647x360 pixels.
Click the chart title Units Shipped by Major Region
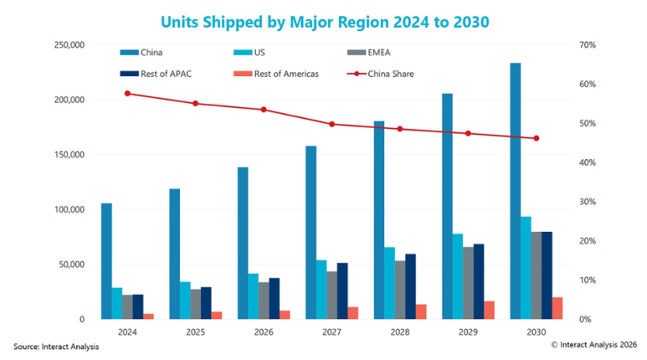point(322,18)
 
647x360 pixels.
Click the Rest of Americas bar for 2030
point(557,308)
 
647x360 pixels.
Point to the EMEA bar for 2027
point(331,295)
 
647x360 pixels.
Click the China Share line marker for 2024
point(127,93)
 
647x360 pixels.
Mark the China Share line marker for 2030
point(537,138)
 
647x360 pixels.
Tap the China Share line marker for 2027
point(331,124)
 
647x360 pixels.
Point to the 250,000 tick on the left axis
point(69,44)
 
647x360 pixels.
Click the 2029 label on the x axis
point(468,332)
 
